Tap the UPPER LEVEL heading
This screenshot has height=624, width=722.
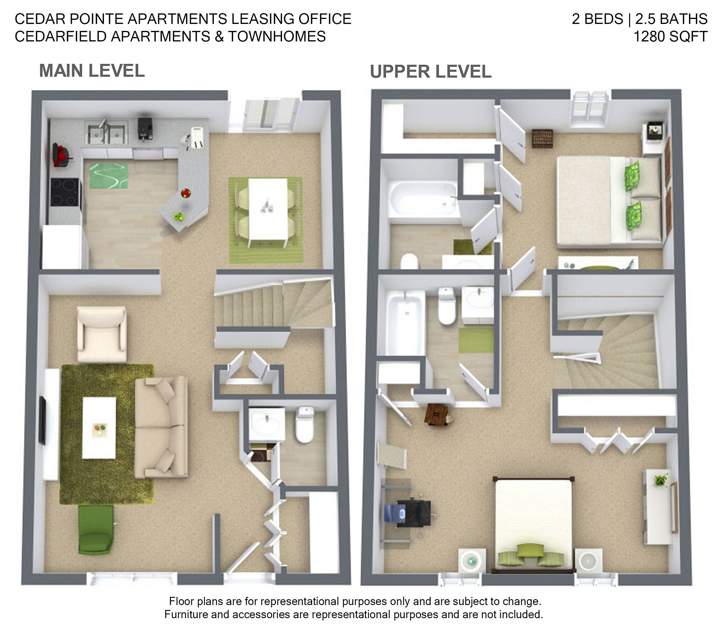[x=431, y=72]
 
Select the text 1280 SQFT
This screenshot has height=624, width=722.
[x=670, y=36]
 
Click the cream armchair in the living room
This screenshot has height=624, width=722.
[x=101, y=335]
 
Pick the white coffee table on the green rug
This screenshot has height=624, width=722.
[x=99, y=428]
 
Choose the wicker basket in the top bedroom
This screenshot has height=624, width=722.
[x=542, y=139]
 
